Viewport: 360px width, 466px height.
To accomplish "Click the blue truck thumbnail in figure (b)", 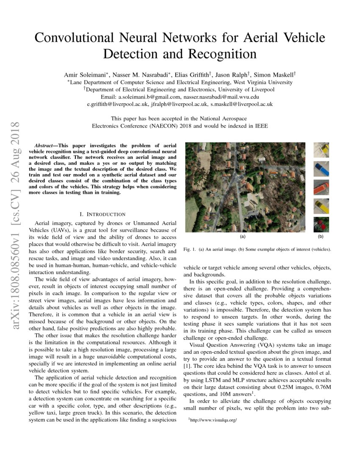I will [321, 169].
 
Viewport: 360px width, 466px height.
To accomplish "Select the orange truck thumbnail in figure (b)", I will [321, 187].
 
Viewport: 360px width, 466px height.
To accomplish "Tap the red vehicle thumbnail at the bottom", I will [321, 224].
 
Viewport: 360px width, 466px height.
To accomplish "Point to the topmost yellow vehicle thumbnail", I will [321, 150].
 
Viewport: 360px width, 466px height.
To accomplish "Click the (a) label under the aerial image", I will [243, 236].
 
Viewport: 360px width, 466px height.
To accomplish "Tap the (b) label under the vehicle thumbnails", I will [321, 236].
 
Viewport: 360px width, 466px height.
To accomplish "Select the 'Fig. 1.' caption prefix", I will [189, 249].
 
